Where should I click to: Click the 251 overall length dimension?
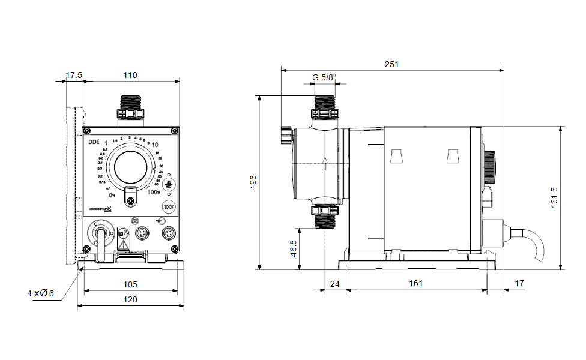pyautogui.click(x=392, y=64)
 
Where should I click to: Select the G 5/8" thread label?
pyautogui.click(x=325, y=77)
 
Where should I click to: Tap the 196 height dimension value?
pyautogui.click(x=253, y=182)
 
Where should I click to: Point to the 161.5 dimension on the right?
pyautogui.click(x=554, y=197)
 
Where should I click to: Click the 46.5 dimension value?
pyautogui.click(x=293, y=249)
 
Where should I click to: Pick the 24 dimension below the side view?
pyautogui.click(x=335, y=283)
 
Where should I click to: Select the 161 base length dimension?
pyautogui.click(x=416, y=283)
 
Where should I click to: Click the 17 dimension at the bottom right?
pyautogui.click(x=519, y=283)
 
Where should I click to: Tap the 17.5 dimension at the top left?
pyautogui.click(x=74, y=75)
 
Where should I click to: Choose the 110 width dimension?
pyautogui.click(x=130, y=75)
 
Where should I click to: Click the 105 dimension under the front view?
pyautogui.click(x=130, y=284)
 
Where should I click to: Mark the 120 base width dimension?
pyautogui.click(x=130, y=299)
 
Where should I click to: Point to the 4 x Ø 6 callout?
pyautogui.click(x=40, y=293)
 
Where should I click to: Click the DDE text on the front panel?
pyautogui.click(x=94, y=142)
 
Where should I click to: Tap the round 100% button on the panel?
pyautogui.click(x=168, y=207)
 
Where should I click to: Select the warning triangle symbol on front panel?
pyautogui.click(x=124, y=245)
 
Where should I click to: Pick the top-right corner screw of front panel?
pyautogui.click(x=174, y=131)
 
